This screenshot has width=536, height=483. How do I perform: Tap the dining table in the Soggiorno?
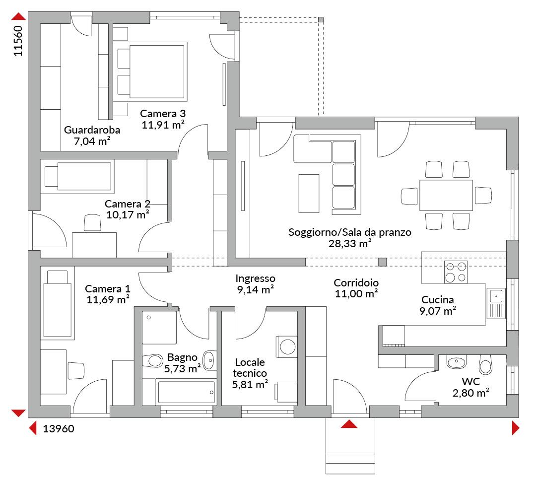pos(446,195)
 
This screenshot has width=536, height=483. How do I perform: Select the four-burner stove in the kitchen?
pos(456,272)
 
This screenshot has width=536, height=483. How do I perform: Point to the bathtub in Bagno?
pos(186,392)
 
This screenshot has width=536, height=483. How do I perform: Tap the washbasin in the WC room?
pos(457,362)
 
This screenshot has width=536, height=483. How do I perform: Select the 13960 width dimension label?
pos(59,429)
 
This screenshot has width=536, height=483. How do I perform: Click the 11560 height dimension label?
pos(18,41)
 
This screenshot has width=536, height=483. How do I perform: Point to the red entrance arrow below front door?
pos(349,424)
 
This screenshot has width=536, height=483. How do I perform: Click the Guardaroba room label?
pos(92,130)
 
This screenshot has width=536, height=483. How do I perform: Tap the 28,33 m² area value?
pos(350,243)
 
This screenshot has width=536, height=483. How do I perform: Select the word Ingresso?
pos(256,278)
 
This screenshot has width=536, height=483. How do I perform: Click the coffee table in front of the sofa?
pos(309,194)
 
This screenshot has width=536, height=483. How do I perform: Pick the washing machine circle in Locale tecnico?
pos(288,347)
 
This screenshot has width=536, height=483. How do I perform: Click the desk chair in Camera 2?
pos(92,222)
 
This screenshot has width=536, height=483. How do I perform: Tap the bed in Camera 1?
pos(58,303)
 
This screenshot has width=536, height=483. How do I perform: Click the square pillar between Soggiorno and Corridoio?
pos(382,262)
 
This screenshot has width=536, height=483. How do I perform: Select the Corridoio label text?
pos(356,282)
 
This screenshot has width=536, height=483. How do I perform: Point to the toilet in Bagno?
pos(152,360)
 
